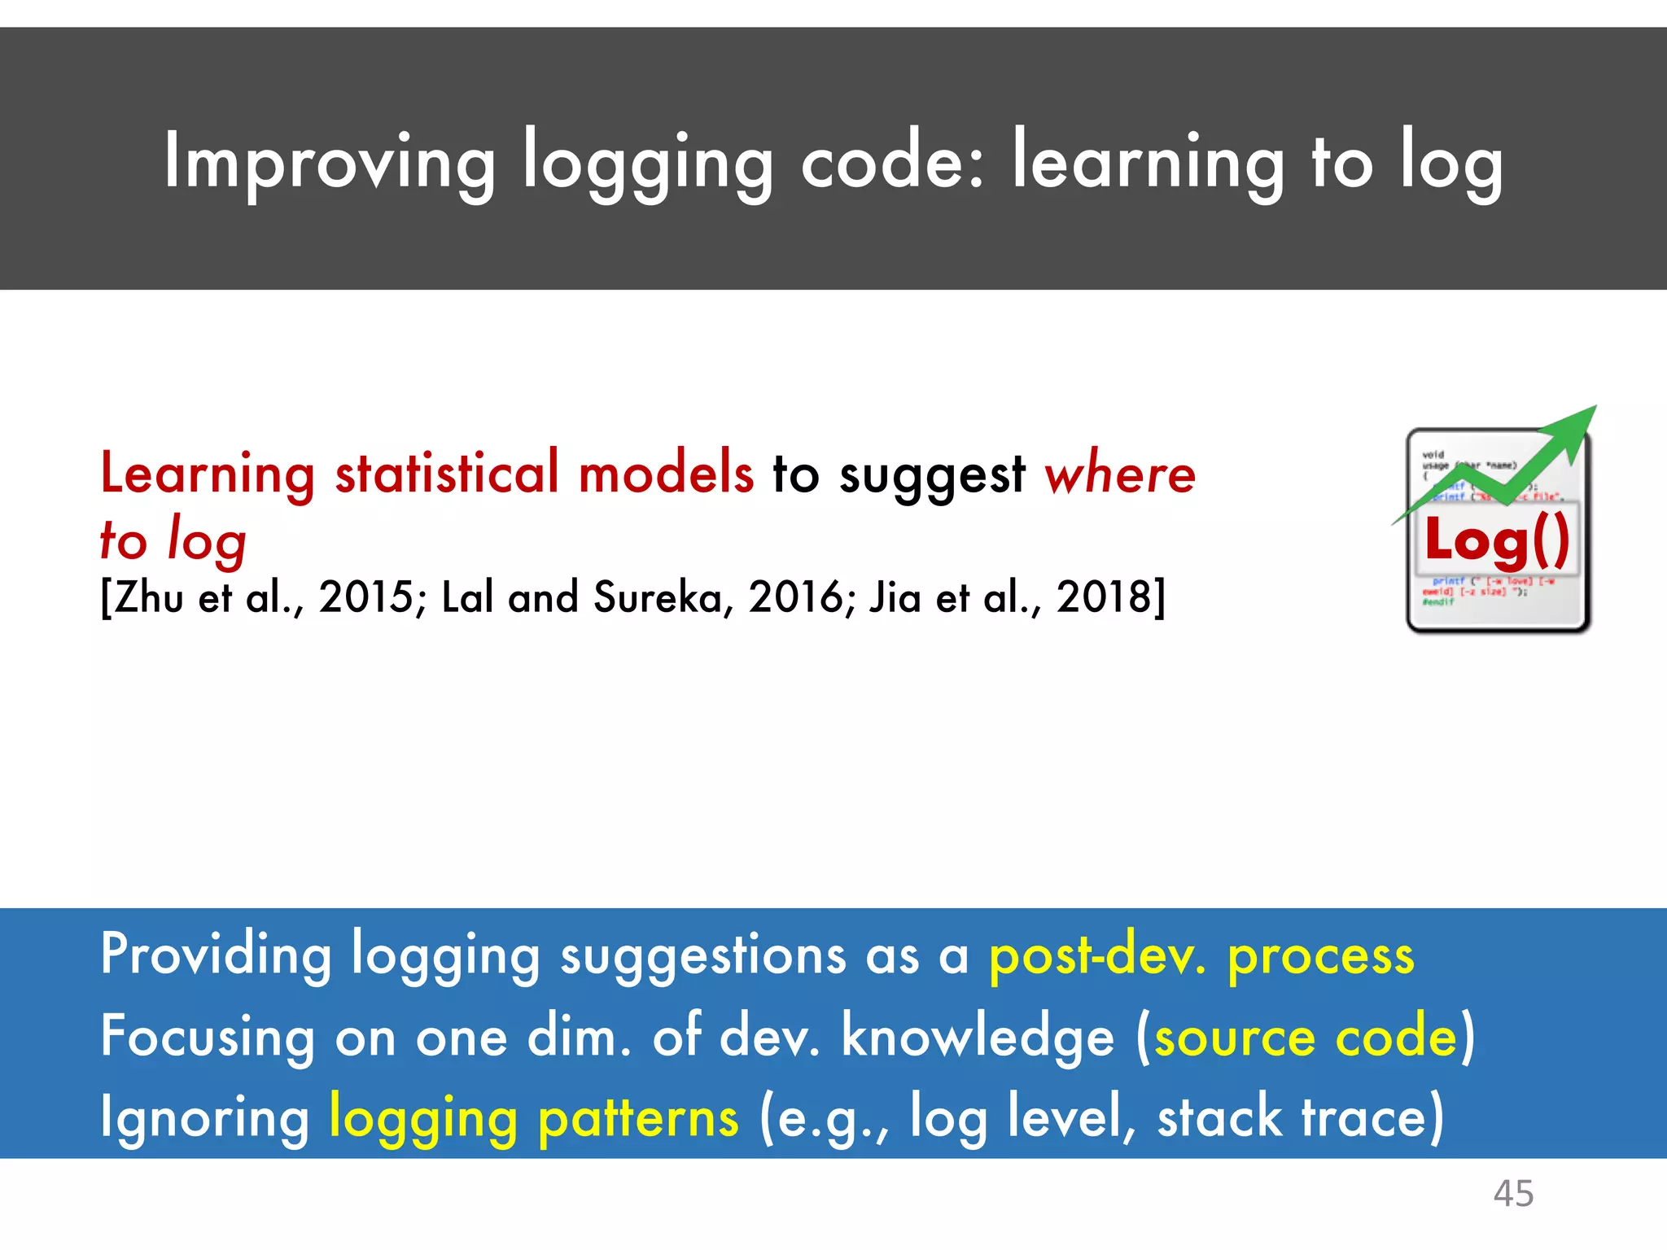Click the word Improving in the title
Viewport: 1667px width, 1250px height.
329,163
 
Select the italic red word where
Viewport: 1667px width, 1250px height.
1119,474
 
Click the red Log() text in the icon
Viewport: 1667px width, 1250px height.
1497,540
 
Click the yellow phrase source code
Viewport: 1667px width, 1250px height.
1306,1037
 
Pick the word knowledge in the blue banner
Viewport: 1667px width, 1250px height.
978,1037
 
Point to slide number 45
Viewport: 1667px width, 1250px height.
1513,1194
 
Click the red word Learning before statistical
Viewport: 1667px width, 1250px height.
208,474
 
